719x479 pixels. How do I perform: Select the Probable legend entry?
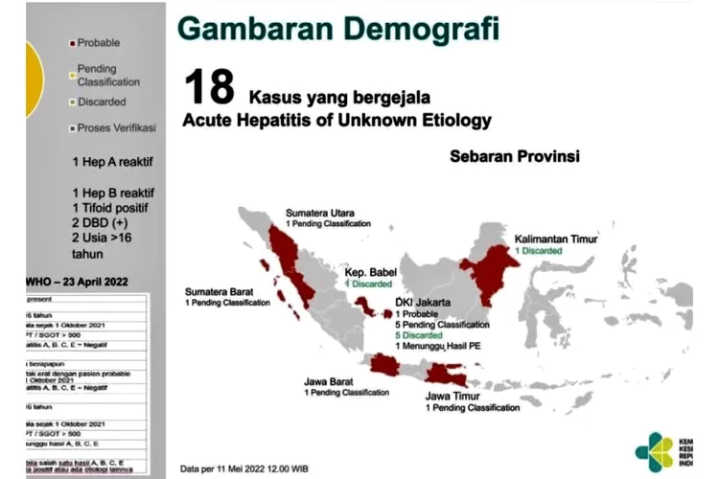click(99, 43)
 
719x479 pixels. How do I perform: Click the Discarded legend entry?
click(103, 102)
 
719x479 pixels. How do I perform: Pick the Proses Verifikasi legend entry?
click(114, 127)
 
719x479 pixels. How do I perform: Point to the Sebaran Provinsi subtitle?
click(515, 156)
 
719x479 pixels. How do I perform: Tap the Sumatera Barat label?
click(221, 290)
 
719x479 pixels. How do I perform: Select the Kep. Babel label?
click(372, 272)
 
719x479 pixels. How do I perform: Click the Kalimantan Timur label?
click(556, 238)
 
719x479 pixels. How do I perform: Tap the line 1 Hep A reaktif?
click(111, 161)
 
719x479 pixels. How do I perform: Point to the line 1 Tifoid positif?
click(112, 208)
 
